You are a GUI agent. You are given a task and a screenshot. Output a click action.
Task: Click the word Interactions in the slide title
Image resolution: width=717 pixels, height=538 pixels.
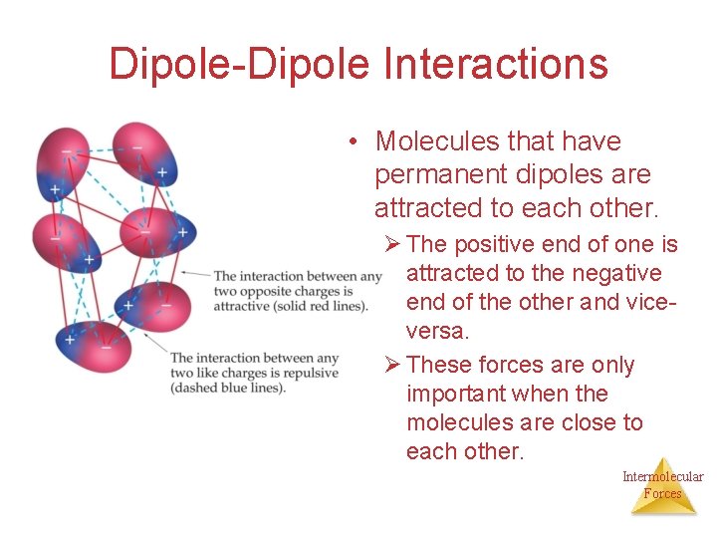[x=495, y=64]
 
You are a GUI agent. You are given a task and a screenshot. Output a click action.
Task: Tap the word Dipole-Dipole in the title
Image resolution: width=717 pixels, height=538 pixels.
[x=239, y=64]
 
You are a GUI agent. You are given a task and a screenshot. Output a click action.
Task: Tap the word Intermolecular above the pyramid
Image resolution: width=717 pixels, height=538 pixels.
[x=662, y=476]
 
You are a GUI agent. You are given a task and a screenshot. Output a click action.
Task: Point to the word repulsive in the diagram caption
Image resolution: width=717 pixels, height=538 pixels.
[x=310, y=373]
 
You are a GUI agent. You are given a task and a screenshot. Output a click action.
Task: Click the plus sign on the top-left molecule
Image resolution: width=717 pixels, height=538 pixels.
[x=55, y=188]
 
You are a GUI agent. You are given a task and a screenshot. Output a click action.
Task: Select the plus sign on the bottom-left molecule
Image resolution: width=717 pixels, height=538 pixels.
[x=70, y=340]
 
